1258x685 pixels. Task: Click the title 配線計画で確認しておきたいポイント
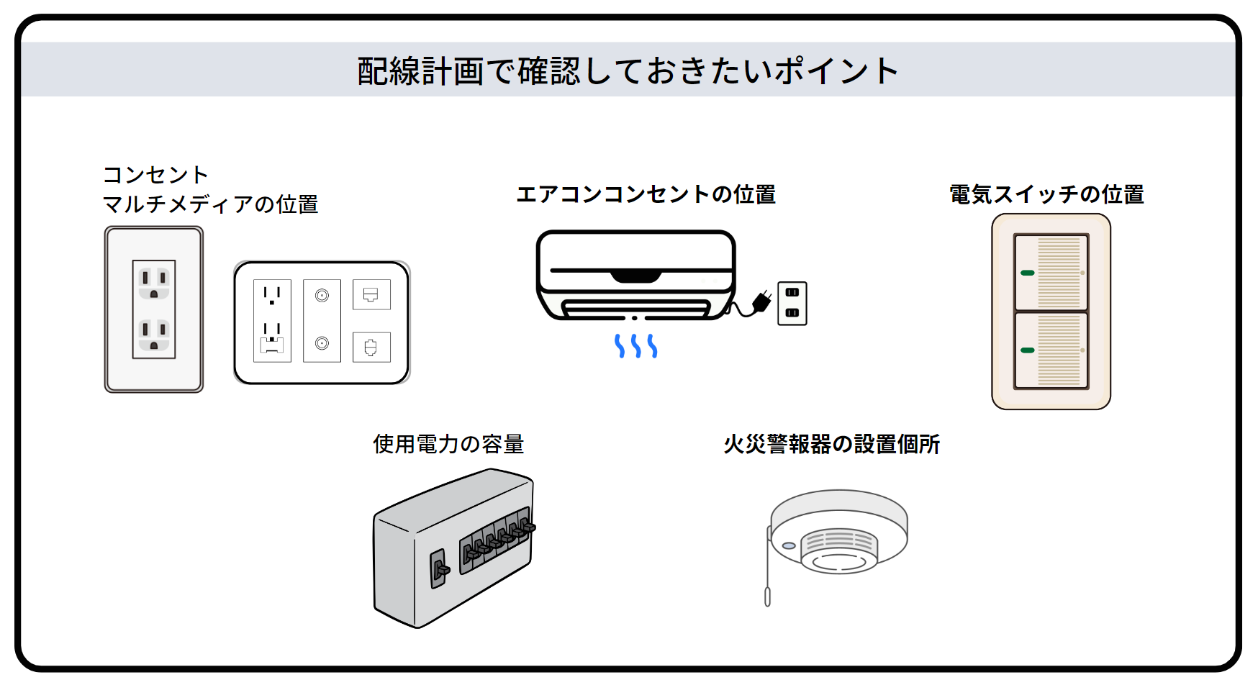[628, 71]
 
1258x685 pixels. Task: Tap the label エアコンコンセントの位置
[646, 194]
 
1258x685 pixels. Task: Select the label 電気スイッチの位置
[1046, 194]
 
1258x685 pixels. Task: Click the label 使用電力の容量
[448, 444]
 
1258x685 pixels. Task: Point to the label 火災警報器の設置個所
[831, 444]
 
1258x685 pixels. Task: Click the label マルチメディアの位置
[210, 204]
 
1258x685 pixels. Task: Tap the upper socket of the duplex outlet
[154, 283]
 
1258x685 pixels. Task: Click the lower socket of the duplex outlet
[154, 335]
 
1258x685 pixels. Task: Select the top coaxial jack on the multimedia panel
[322, 295]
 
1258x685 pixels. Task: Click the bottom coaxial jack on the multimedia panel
[322, 343]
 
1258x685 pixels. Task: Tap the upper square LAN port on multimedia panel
[371, 294]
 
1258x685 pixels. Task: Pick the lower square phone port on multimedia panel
[371, 348]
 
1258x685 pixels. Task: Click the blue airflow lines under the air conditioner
[635, 346]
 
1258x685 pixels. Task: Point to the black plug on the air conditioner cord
[761, 301]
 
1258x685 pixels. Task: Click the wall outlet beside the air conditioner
[792, 303]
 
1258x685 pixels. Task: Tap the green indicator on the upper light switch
[1027, 273]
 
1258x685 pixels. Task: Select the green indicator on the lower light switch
[1027, 350]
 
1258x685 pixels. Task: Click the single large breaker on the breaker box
[438, 568]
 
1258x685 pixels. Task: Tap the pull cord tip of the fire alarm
[767, 597]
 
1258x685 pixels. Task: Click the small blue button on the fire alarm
[789, 546]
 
